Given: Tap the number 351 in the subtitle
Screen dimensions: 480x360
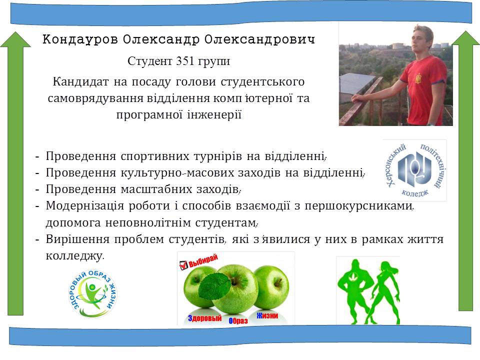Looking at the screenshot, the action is click(185, 61).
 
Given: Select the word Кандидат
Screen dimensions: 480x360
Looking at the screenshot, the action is click(81, 81).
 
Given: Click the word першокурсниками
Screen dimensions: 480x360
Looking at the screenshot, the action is click(358, 205).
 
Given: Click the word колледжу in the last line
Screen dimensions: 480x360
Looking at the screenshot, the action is click(74, 255).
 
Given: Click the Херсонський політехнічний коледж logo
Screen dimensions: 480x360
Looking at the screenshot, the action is click(415, 170).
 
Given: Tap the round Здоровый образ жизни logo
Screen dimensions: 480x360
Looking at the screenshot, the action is click(93, 293).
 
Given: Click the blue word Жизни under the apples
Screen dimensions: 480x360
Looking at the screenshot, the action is click(267, 315).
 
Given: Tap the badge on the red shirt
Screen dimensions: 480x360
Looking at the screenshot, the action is click(417, 78).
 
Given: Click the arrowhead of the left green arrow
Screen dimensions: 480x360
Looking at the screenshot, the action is click(15, 39).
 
